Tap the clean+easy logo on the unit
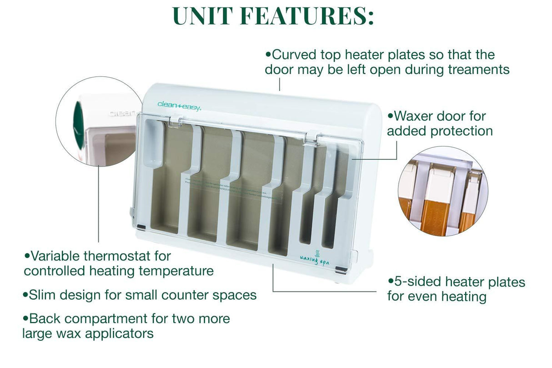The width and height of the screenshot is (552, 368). (179, 105)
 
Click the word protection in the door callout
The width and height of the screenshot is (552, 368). (462, 131)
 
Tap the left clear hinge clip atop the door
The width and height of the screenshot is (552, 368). (173, 121)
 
